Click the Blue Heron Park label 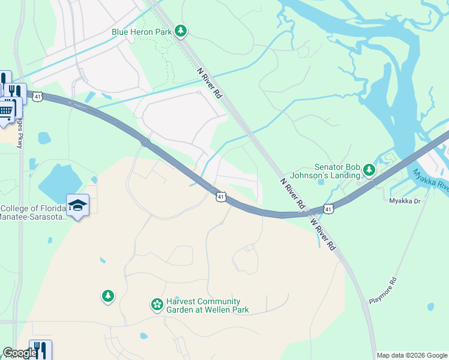tap(142, 32)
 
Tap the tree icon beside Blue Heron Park tap(181, 31)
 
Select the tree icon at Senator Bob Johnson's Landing tap(370, 172)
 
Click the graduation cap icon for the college tap(77, 205)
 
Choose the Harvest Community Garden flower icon tap(157, 305)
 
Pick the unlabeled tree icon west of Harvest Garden tap(107, 296)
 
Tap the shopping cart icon tap(7, 111)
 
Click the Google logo tap(19, 353)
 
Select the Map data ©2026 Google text tap(412, 355)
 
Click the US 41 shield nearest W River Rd tap(327, 208)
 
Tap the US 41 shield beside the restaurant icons tap(38, 97)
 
